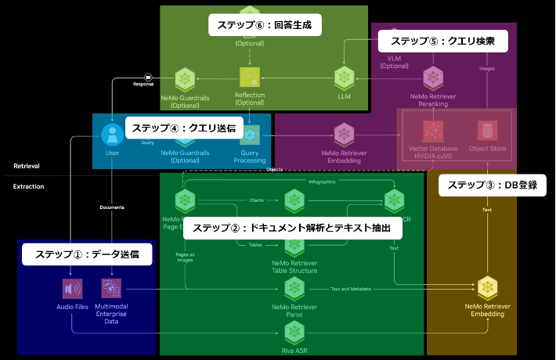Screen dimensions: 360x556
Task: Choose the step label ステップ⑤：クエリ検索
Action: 443,40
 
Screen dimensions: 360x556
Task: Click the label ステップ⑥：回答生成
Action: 265,25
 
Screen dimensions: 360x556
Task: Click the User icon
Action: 113,133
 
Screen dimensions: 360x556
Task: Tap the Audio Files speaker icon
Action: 73,289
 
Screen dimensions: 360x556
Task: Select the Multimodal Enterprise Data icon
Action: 111,289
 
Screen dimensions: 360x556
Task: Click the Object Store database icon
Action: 489,130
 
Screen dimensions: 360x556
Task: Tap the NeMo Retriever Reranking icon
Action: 434,77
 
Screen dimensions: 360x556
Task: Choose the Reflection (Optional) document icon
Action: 250,77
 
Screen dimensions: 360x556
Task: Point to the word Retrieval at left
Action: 27,167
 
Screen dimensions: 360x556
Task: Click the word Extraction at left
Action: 28,186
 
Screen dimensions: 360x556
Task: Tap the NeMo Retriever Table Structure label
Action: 294,267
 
